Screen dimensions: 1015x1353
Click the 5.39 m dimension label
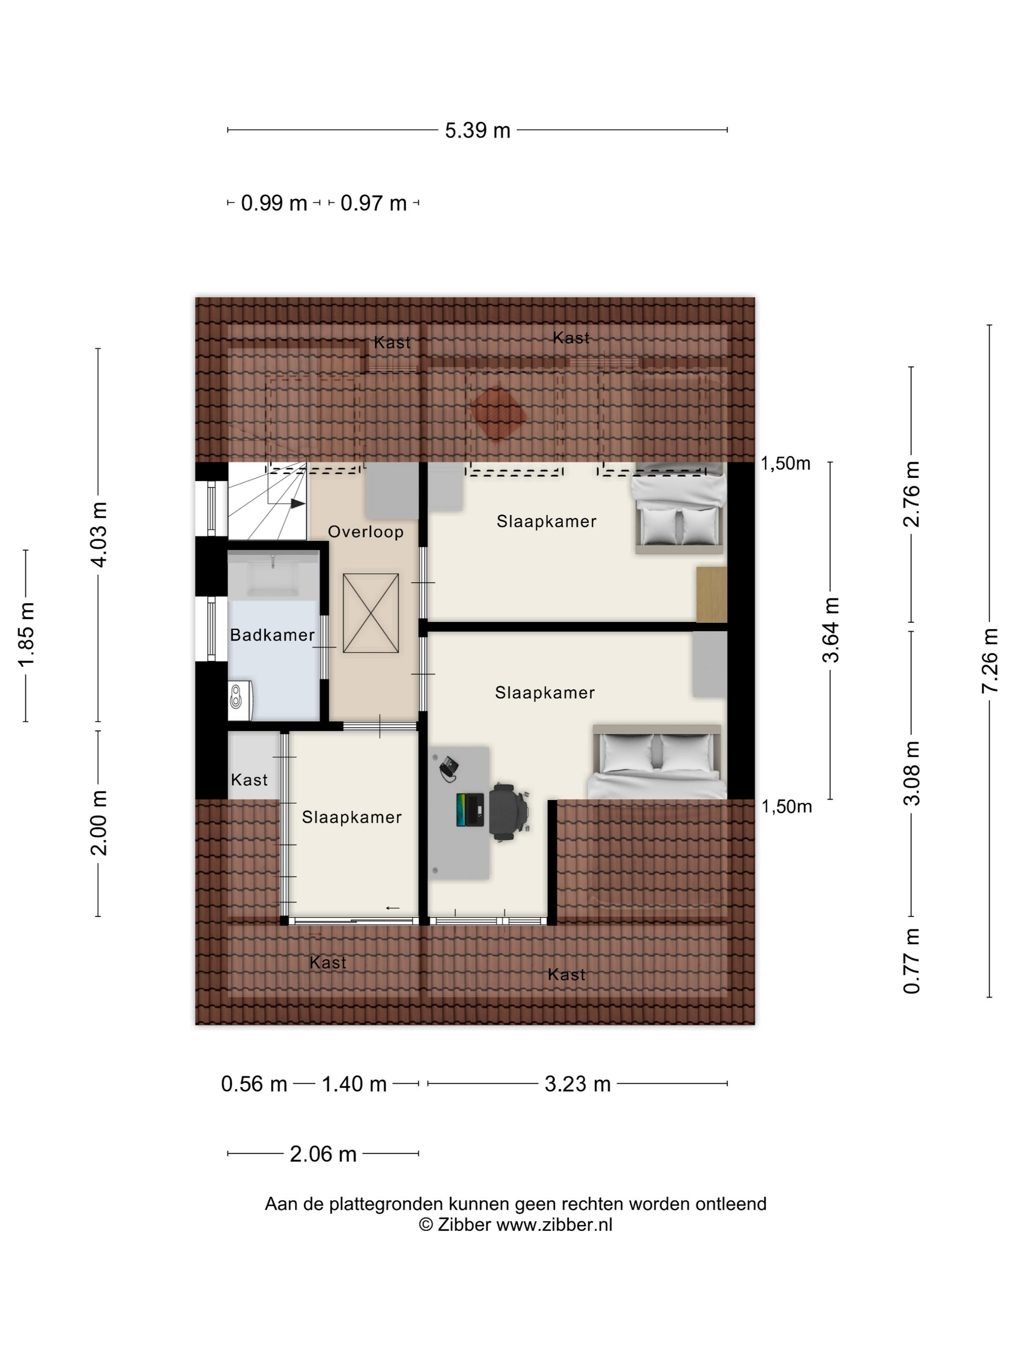click(477, 130)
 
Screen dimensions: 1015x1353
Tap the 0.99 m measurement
click(274, 203)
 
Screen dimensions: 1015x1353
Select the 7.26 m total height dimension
click(989, 661)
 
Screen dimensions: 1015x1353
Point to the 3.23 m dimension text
click(578, 1084)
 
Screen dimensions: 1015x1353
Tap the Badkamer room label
click(272, 635)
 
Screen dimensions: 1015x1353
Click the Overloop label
click(366, 532)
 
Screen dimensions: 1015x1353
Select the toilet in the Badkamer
click(240, 700)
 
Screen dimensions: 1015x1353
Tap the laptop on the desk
click(470, 809)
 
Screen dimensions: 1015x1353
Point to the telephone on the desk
click(449, 768)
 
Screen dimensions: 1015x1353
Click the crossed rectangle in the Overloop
click(371, 613)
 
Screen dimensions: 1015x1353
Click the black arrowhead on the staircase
click(298, 504)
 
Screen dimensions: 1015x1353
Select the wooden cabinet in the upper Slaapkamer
click(711, 594)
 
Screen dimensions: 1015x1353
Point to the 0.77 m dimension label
click(912, 961)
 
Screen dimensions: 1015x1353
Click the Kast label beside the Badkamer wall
click(249, 780)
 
